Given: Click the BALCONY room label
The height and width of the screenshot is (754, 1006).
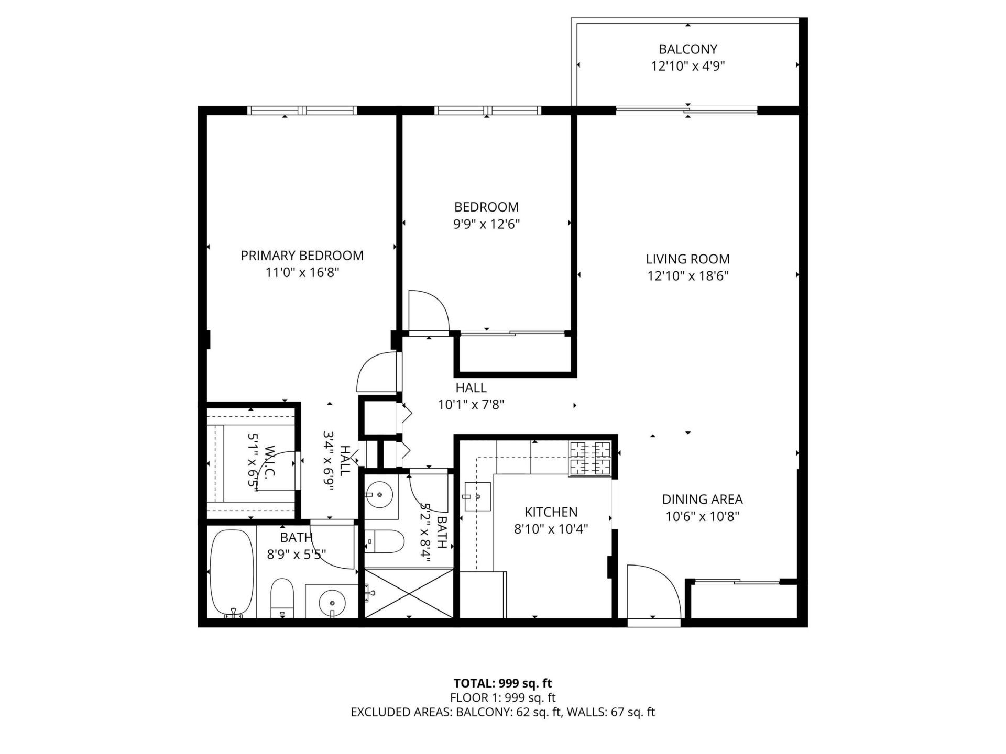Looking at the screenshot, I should [687, 49].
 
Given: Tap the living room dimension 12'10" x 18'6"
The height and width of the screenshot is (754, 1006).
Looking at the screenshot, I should [687, 276].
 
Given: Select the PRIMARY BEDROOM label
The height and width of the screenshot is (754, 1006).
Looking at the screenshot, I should [302, 256].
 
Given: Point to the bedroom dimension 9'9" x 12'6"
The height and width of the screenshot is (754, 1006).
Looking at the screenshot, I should [486, 225].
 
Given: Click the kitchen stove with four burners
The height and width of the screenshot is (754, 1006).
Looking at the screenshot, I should [591, 459].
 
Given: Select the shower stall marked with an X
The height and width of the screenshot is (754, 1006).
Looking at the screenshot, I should [409, 593].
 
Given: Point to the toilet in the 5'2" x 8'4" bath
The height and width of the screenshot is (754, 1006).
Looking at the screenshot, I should [385, 541].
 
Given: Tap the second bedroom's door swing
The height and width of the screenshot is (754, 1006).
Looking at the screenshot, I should [427, 311].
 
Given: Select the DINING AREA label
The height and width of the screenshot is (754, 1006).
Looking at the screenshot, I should [702, 500].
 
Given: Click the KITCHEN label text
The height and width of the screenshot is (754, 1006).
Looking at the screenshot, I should [551, 512].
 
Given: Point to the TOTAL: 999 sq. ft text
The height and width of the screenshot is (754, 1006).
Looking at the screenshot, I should [502, 683].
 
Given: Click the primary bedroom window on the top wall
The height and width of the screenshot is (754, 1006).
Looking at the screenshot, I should [302, 110].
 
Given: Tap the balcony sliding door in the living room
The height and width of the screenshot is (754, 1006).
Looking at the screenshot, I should [686, 110].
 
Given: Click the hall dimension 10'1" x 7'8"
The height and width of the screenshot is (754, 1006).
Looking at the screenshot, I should [471, 405].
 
